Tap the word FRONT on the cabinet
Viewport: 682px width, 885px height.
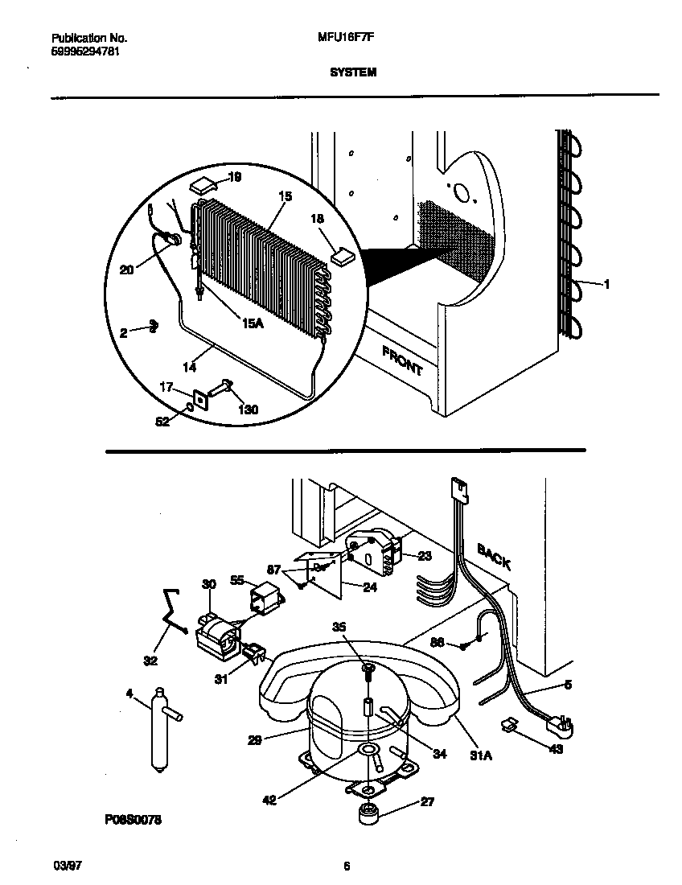[x=401, y=360]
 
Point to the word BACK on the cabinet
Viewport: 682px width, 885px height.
[x=494, y=556]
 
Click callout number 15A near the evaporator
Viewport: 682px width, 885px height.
[x=253, y=322]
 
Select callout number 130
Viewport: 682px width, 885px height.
[x=249, y=410]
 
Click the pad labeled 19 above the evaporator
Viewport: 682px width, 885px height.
[x=203, y=185]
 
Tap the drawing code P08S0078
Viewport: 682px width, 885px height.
[x=133, y=820]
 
